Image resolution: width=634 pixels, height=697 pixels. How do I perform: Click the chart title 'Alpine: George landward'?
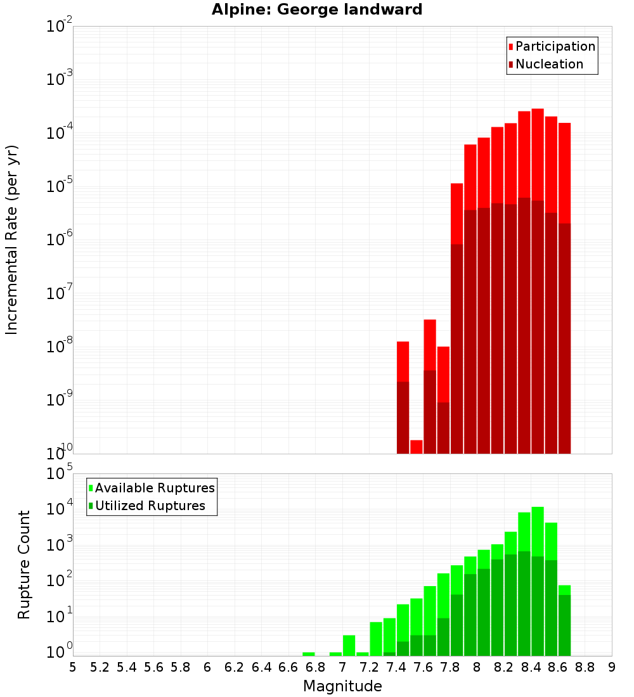click(317, 10)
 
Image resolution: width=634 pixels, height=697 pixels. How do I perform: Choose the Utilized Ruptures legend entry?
click(150, 506)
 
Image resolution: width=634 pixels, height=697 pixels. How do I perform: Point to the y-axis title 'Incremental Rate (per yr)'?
click(12, 240)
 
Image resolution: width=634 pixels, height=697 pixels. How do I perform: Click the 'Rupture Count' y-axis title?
click(24, 564)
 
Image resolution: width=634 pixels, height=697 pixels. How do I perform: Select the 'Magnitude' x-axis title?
click(342, 686)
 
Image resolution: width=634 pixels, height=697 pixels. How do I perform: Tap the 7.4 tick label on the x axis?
click(396, 667)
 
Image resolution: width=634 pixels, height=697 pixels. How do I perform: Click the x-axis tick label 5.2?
click(100, 667)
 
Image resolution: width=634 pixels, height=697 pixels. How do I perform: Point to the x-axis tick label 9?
click(612, 667)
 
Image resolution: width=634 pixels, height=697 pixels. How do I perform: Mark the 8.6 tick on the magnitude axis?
click(558, 667)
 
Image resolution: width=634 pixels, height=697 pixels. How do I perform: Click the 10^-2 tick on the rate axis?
click(60, 27)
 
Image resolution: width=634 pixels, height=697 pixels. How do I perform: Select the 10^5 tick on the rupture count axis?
click(60, 474)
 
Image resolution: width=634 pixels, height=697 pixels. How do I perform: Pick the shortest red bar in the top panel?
click(417, 447)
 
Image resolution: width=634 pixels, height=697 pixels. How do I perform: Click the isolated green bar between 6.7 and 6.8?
click(309, 653)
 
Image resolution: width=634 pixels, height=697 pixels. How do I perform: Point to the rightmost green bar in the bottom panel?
click(564, 621)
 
